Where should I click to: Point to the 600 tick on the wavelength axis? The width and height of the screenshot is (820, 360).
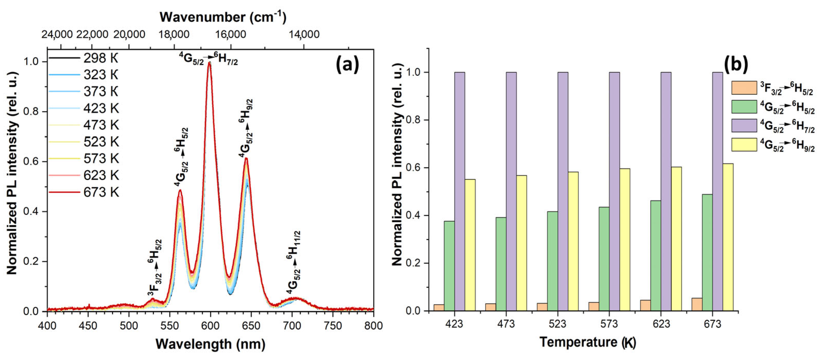point(210,326)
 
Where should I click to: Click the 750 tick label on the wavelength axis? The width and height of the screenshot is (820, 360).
point(333,326)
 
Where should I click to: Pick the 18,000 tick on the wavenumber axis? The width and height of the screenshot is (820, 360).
point(174,34)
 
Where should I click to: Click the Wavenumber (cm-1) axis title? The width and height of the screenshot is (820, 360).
point(223,17)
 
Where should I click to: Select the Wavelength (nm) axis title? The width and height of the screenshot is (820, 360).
point(210,344)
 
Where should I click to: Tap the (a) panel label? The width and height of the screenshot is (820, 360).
point(347,65)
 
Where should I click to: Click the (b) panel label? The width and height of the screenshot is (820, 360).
point(736,65)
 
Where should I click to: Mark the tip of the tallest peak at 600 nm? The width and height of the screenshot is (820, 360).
point(209,63)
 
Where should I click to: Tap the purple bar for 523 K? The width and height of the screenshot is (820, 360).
point(563,191)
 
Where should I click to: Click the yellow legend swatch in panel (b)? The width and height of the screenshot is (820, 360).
point(744,145)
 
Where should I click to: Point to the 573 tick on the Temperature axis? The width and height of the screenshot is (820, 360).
point(609,324)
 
